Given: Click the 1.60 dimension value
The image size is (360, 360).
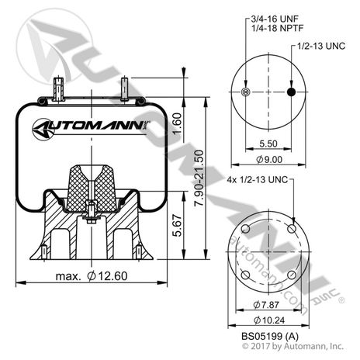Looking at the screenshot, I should pyautogui.click(x=177, y=122).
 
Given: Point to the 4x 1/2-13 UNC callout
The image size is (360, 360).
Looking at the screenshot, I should pyautogui.click(x=256, y=180).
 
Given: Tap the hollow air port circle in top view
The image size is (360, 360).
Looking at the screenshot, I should pyautogui.click(x=246, y=92).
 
